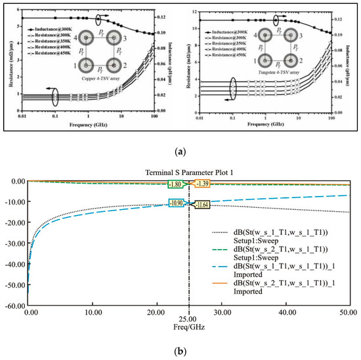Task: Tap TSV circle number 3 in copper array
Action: click(x=114, y=39)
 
